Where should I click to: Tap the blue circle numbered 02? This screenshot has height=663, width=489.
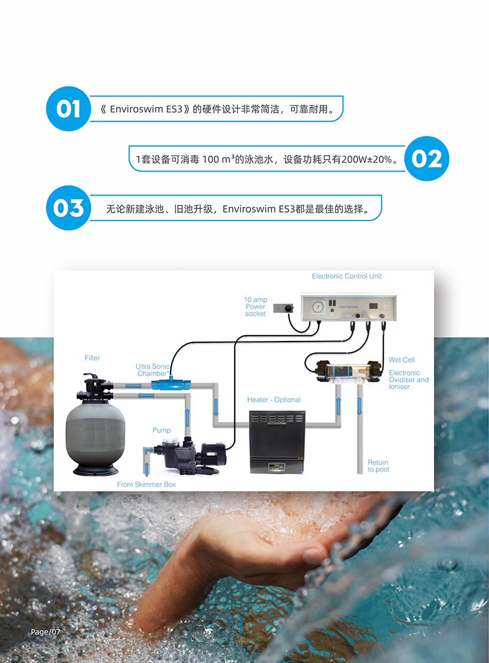click(427, 159)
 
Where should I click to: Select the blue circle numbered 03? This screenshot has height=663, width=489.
click(68, 208)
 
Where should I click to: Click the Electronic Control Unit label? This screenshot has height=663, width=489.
click(347, 276)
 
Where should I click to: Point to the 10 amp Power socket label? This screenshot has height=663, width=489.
click(256, 307)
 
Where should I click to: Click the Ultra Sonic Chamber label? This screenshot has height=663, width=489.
click(152, 370)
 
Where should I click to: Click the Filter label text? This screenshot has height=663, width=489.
click(92, 357)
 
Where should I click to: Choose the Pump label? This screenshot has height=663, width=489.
click(161, 430)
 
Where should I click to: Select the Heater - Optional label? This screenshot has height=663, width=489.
click(274, 400)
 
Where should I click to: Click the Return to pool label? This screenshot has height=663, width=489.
click(378, 466)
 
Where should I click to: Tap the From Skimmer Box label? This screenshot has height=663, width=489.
click(146, 484)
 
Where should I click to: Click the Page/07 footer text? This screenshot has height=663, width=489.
click(46, 631)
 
